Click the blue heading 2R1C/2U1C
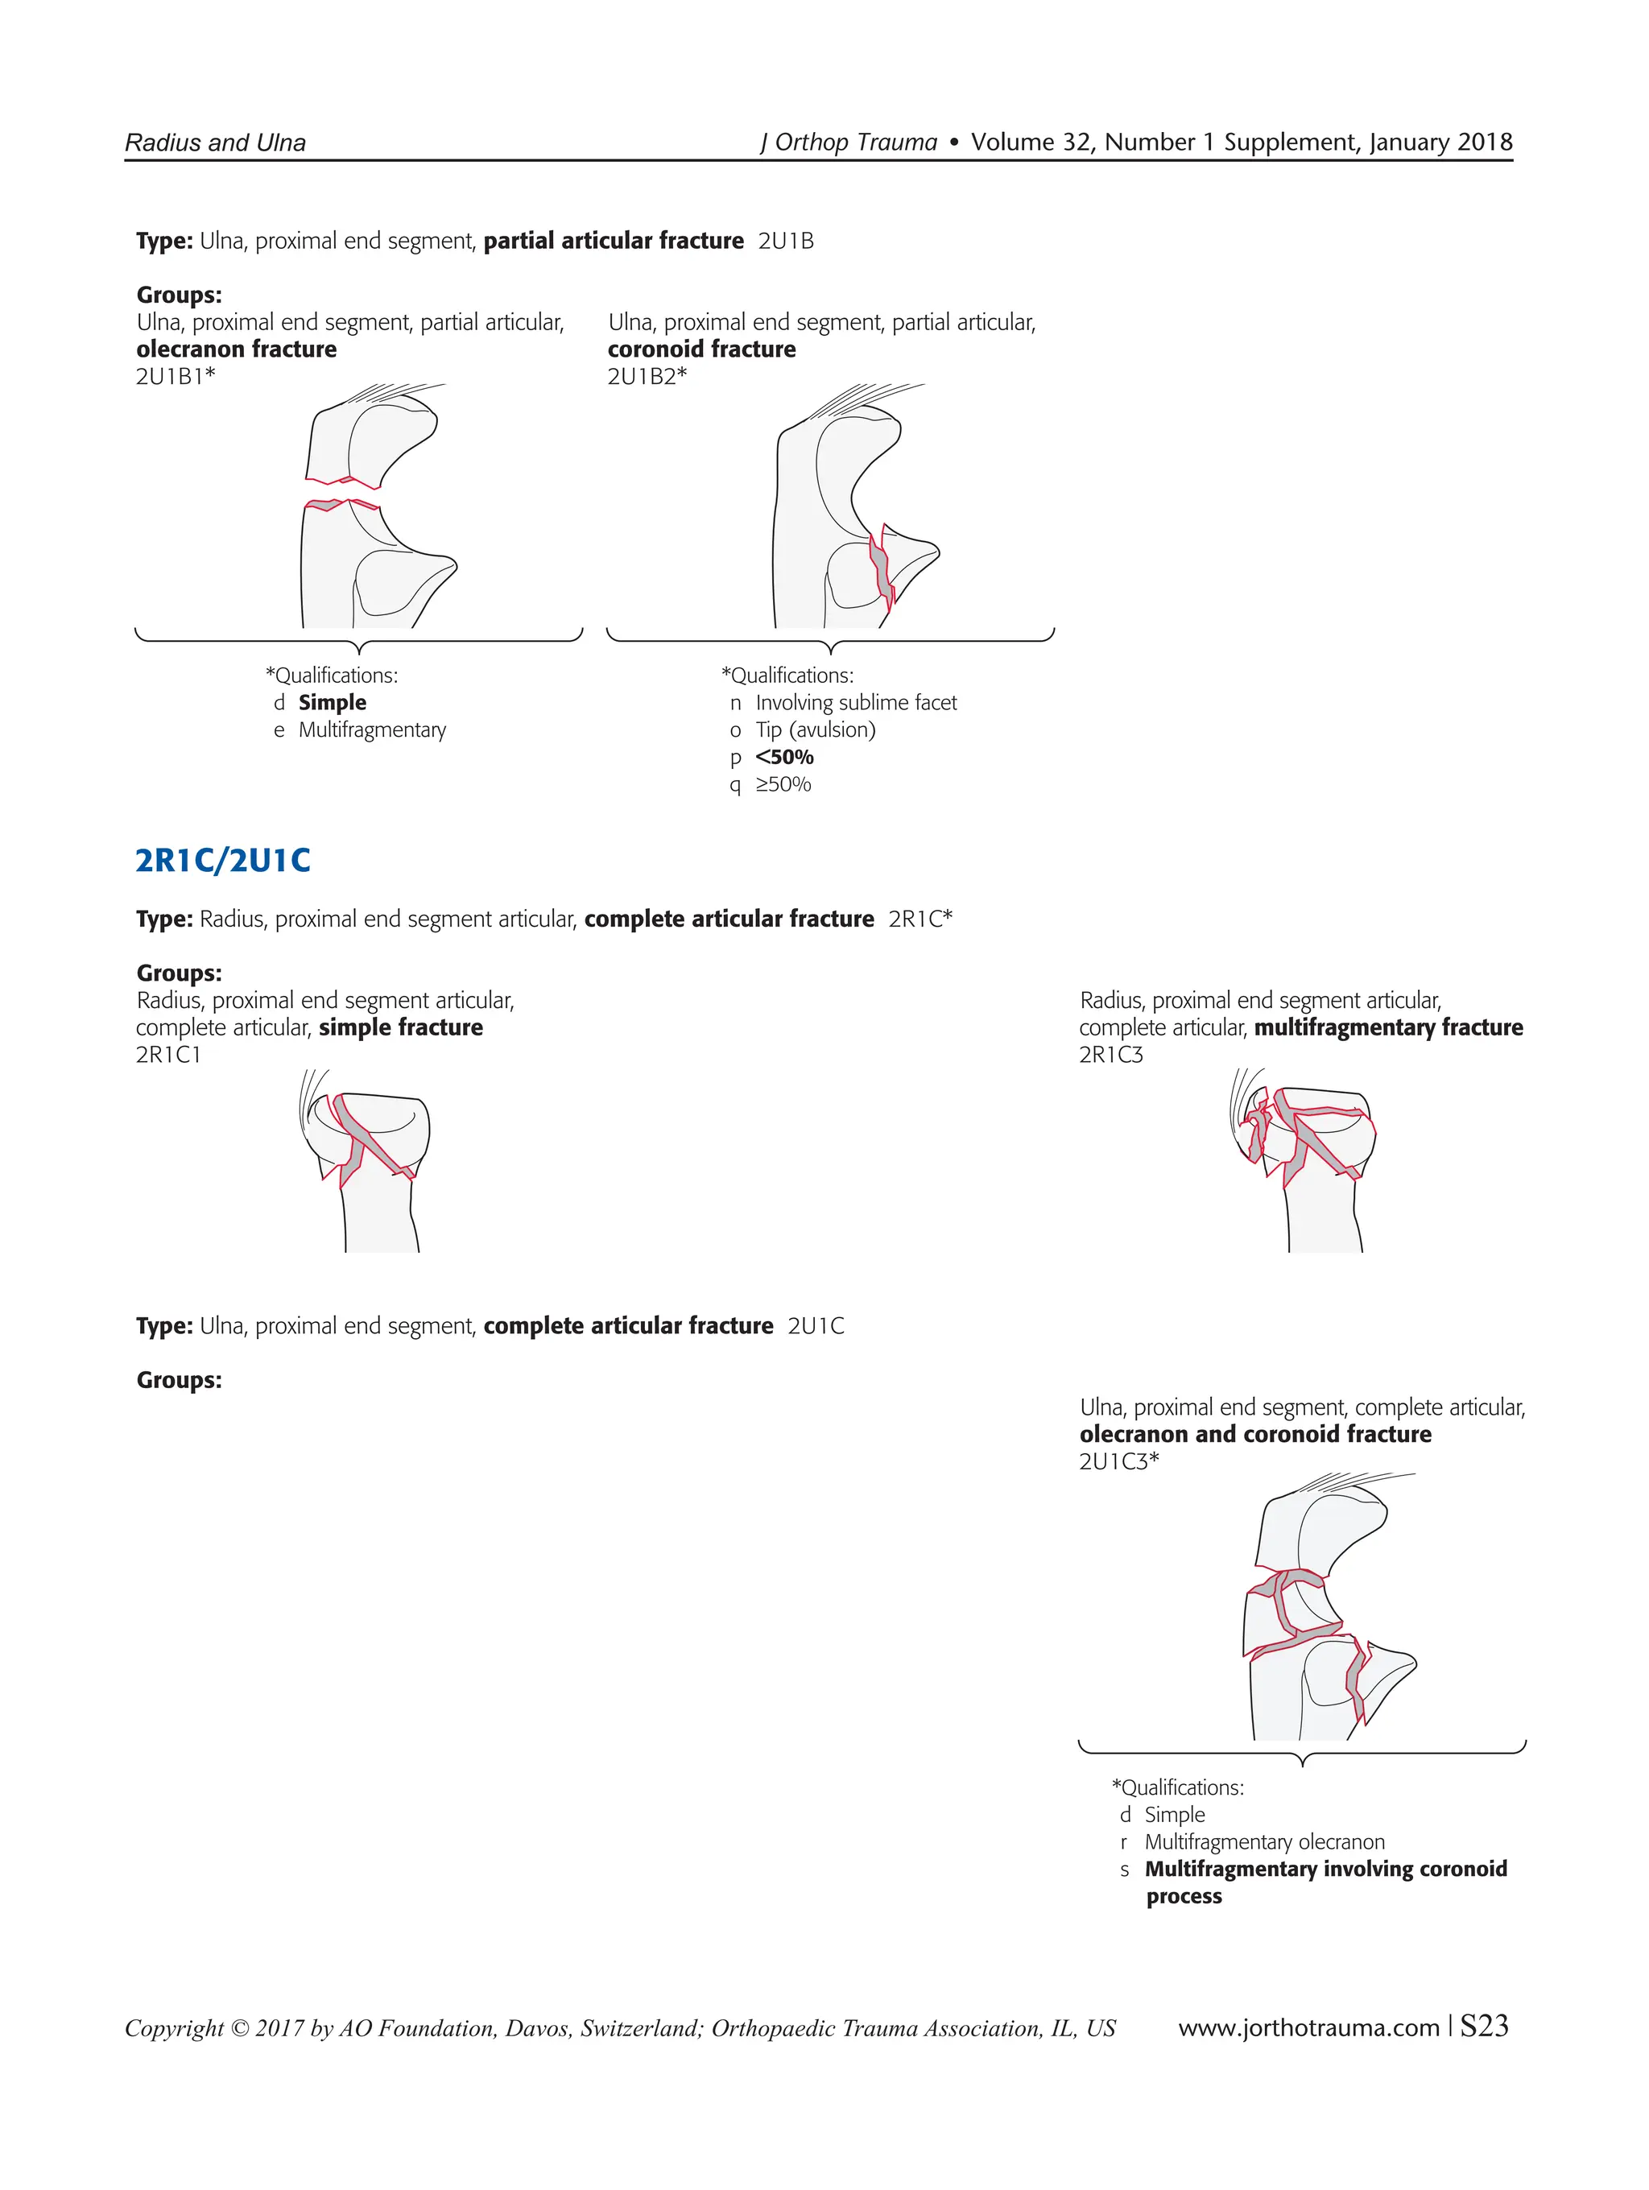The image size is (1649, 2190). point(223,861)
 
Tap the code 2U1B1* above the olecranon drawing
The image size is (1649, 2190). point(176,376)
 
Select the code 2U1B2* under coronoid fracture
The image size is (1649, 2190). point(647,376)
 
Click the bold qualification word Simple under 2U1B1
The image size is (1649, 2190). point(332,703)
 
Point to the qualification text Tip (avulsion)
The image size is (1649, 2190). point(815,730)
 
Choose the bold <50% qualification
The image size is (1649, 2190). point(784,758)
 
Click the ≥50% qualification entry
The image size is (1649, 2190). point(783,785)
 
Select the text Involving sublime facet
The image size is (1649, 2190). point(855,703)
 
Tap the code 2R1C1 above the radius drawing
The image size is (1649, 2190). point(168,1056)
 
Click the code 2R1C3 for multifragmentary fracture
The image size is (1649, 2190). point(1110,1056)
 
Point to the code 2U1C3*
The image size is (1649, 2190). point(1118,1461)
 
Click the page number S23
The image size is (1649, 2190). point(1484,2027)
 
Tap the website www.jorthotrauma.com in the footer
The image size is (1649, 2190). point(1308,2027)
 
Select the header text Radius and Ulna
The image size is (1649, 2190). point(215,143)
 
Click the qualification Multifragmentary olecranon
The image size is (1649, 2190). point(1264,1842)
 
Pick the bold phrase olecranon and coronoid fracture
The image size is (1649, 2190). point(1255,1435)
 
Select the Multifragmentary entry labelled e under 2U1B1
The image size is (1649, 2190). point(371,730)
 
